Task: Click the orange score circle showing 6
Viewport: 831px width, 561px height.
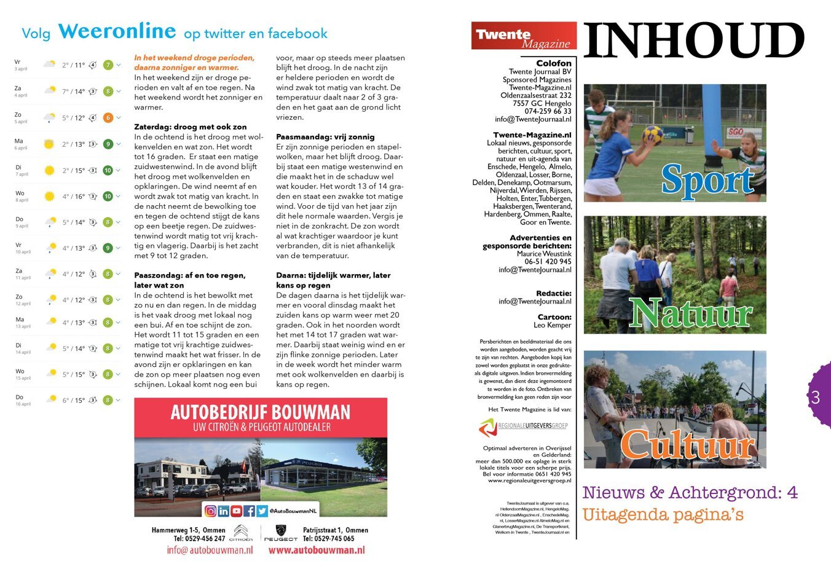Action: tap(108, 118)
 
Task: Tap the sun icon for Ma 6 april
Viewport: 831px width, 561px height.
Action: tap(49, 144)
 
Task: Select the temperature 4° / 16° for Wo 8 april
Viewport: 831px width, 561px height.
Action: tap(74, 197)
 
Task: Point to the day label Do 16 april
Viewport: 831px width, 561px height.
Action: tap(22, 400)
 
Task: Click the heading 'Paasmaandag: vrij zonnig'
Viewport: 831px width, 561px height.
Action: tap(325, 136)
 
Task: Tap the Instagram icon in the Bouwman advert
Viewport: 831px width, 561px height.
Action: tap(210, 511)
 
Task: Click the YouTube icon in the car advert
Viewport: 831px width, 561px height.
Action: tap(236, 511)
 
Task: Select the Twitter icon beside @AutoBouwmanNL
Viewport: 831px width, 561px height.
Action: tap(262, 511)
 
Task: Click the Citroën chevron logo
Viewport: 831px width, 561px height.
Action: tap(242, 530)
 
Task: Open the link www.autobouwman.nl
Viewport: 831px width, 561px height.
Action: tap(317, 550)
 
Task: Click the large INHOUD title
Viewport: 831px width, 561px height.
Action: tap(693, 41)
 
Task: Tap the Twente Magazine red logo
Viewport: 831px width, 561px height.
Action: tap(524, 36)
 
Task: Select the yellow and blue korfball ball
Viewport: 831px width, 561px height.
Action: tap(652, 135)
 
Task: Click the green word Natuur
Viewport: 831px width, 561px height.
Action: tap(691, 313)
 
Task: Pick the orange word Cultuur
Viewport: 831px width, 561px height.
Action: tap(687, 444)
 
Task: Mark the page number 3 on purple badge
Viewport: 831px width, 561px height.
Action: tap(816, 398)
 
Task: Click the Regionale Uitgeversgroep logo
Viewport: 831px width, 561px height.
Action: tap(523, 426)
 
